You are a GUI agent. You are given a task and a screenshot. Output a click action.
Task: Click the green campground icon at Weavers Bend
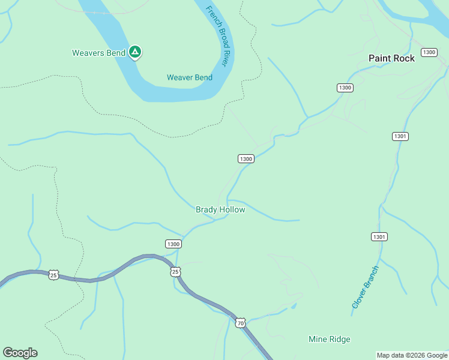click(136, 53)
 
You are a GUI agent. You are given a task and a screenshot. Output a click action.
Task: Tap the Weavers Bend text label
click(98, 53)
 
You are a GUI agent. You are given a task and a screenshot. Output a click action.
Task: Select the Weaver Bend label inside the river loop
click(189, 77)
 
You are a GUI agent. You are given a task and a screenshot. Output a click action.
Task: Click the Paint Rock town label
click(391, 58)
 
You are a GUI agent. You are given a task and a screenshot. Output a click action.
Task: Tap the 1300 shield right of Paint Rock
click(429, 52)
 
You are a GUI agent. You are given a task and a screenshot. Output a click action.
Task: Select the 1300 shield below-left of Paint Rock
click(345, 88)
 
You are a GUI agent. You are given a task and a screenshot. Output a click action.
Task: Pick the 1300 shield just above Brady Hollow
click(246, 158)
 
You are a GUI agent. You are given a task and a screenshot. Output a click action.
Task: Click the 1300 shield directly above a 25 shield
click(173, 244)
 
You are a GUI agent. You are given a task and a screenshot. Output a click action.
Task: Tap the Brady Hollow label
click(220, 209)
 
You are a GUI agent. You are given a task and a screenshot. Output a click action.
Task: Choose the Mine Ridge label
click(329, 339)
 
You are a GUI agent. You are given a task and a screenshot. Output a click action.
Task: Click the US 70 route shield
click(240, 323)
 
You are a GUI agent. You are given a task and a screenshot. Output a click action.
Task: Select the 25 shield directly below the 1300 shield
click(175, 272)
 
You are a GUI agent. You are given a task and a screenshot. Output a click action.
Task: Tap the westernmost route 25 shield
click(53, 275)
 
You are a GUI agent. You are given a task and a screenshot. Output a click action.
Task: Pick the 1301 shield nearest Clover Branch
click(379, 236)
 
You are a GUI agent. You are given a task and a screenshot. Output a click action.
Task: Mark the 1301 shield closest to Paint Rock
click(400, 136)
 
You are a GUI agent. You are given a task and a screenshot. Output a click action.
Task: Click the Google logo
click(20, 353)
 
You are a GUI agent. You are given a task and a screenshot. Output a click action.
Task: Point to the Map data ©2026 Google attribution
click(412, 355)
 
